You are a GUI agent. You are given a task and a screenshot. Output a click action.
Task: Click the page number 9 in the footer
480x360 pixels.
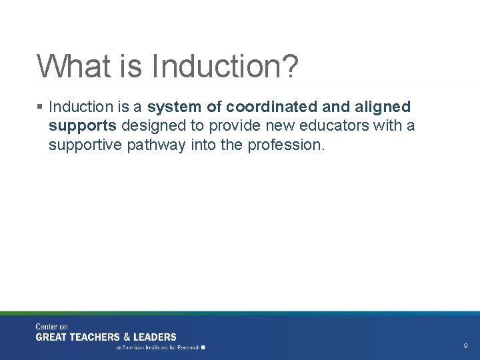[465, 346]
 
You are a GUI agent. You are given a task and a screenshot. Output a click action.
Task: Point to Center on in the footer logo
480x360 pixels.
[52, 327]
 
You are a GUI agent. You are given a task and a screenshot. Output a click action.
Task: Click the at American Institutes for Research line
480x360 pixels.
[160, 347]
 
